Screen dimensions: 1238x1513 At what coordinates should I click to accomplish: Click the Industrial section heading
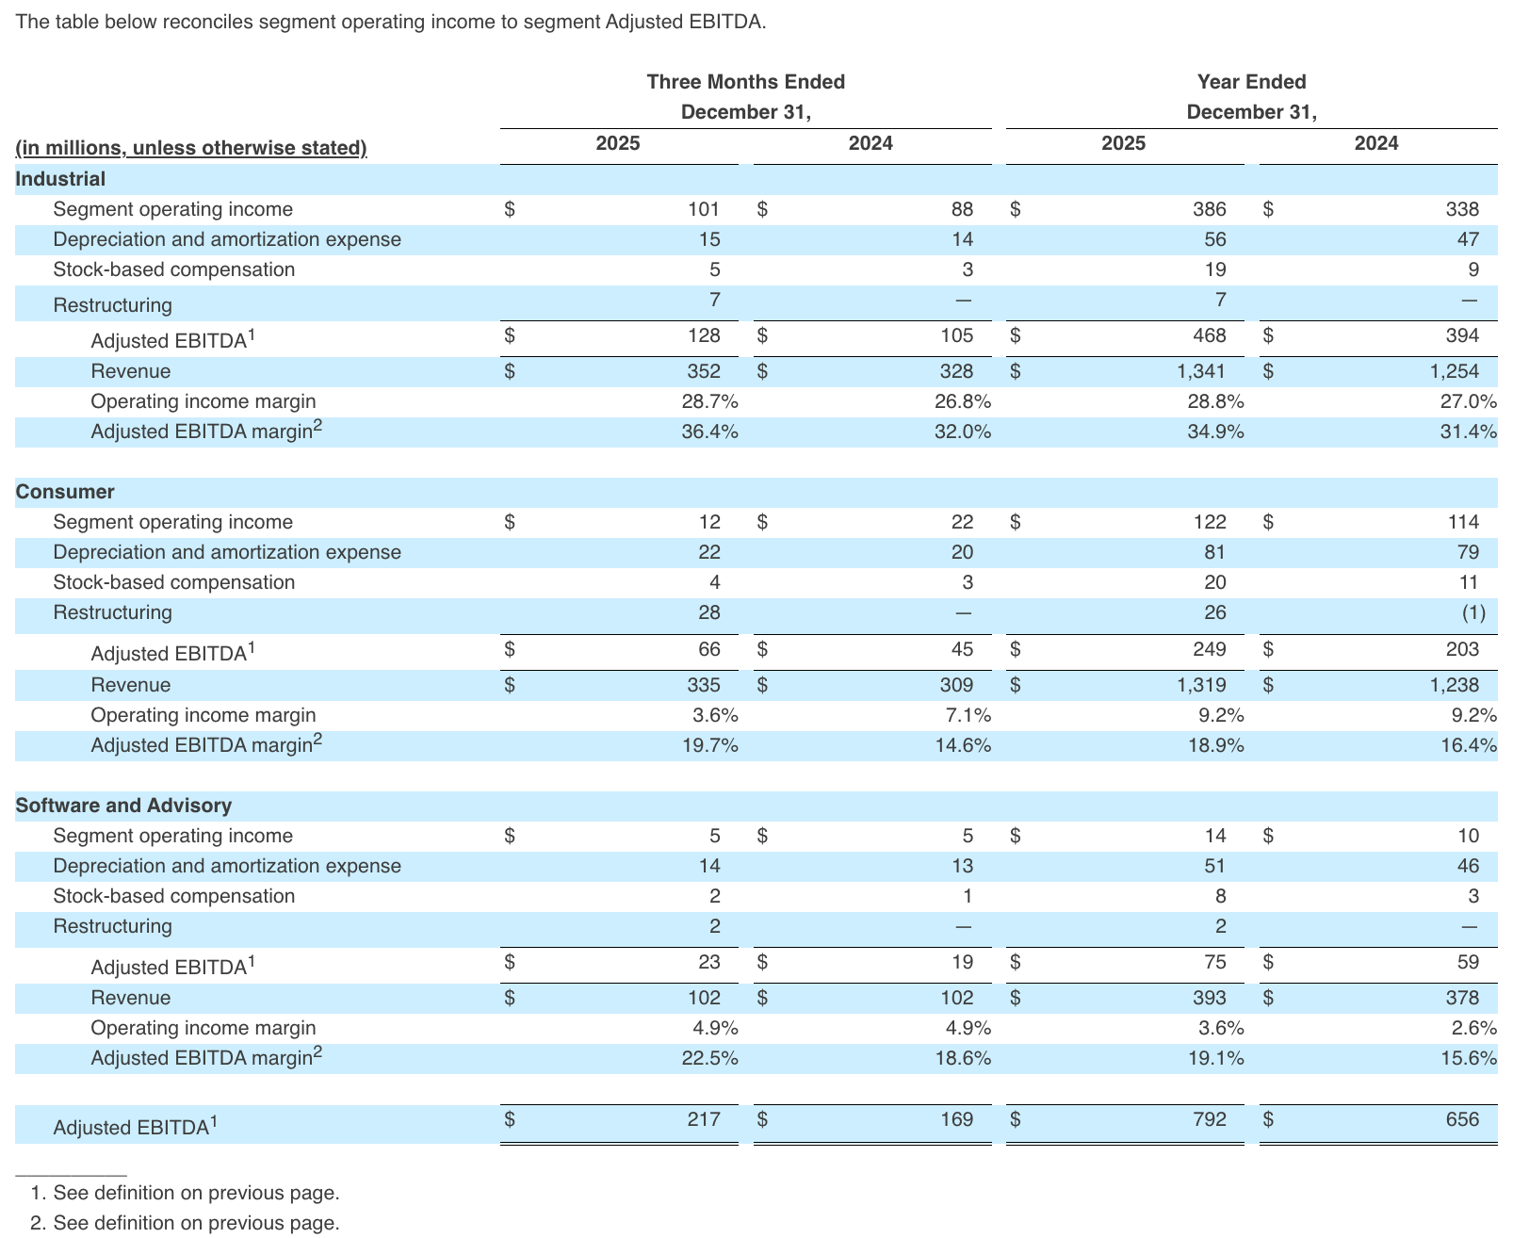60,179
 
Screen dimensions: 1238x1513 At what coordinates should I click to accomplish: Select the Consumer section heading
65,492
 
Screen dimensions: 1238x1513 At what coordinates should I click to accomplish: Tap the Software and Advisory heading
123,806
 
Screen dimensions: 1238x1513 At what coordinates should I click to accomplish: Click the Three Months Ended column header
745,82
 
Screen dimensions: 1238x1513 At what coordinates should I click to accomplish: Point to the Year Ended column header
1251,82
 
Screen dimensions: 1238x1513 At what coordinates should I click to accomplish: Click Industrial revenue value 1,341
1201,371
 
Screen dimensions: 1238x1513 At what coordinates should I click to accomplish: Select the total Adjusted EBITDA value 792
1210,1119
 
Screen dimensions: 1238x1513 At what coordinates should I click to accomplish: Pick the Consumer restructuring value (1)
1473,612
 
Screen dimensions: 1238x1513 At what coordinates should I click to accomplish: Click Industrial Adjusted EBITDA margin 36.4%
709,432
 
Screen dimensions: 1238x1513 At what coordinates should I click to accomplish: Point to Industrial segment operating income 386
1210,209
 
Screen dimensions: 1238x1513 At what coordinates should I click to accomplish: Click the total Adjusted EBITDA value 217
704,1119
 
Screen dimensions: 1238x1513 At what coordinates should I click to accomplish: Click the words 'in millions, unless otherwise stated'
191,148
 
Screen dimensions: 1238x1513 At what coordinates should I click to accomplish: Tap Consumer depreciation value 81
1215,552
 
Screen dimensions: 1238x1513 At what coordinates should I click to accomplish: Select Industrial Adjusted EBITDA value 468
1210,335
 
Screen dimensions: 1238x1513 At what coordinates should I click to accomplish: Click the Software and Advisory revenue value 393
1210,998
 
